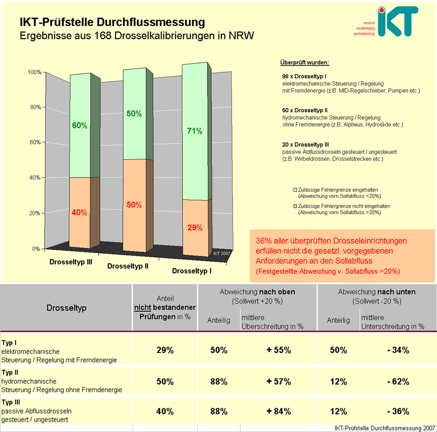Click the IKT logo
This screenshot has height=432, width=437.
click(397, 21)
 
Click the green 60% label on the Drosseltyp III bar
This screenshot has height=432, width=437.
click(80, 126)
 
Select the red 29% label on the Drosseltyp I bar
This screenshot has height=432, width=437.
click(195, 228)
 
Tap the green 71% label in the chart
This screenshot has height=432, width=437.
click(195, 131)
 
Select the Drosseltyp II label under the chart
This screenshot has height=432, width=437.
click(128, 266)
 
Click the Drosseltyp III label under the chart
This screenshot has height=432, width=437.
click(70, 262)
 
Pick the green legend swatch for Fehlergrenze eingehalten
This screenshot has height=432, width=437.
click(296, 190)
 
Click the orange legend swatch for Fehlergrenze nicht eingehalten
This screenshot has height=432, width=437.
click(296, 206)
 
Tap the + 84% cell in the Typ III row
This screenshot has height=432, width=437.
click(279, 411)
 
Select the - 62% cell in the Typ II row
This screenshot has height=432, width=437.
click(398, 381)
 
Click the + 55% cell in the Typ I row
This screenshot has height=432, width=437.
click(279, 350)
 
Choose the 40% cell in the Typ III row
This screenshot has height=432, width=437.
click(165, 411)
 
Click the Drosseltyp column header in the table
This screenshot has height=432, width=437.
click(67, 308)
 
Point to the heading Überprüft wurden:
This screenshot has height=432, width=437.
click(305, 63)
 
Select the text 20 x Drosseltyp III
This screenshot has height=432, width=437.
click(306, 145)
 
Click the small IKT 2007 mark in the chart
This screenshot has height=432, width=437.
click(222, 254)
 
